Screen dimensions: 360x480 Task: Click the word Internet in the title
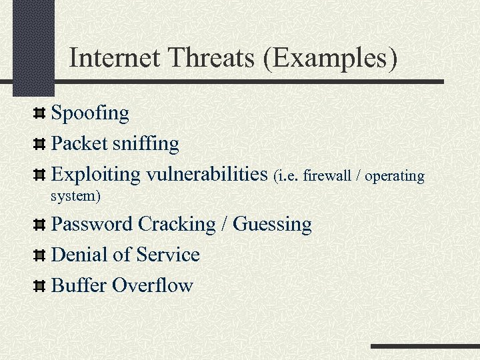pos(113,58)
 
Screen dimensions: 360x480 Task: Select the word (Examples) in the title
pos(331,58)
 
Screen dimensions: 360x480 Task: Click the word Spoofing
pos(90,113)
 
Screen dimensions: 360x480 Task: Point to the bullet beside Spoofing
pos(40,113)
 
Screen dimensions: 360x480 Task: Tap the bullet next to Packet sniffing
pos(40,143)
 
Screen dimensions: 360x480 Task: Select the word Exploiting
pos(96,175)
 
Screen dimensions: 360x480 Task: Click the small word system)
pos(76,197)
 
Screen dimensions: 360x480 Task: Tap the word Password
pos(92,224)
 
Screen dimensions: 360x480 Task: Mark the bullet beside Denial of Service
pos(40,255)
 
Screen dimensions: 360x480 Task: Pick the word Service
pos(168,255)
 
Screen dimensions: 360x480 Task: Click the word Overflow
pos(153,286)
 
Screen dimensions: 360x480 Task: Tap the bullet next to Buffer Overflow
pos(40,286)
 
